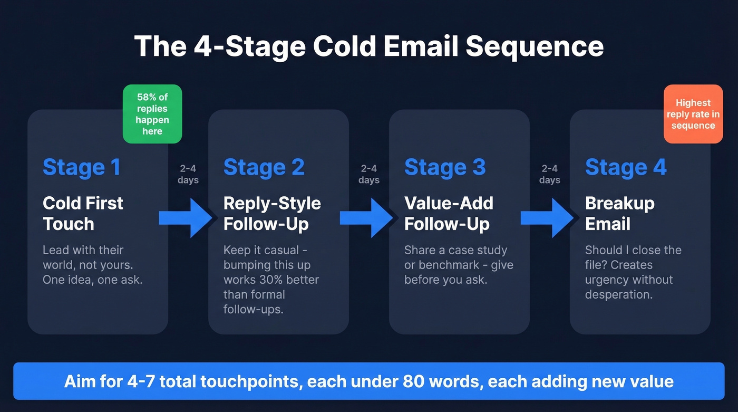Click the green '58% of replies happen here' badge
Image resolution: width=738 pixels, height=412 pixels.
[152, 114]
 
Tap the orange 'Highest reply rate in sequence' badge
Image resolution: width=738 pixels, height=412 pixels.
[693, 114]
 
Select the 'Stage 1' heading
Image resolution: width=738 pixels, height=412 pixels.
[82, 167]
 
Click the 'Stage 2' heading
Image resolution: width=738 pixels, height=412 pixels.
[264, 167]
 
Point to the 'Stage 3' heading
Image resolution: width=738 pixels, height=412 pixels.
[444, 167]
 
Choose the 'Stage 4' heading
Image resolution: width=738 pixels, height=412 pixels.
[626, 167]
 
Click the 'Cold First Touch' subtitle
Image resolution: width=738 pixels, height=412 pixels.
[83, 213]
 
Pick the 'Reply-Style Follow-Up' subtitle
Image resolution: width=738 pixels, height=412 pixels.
[272, 213]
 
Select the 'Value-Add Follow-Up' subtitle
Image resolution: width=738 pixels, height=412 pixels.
[449, 213]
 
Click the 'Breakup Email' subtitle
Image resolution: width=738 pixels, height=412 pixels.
[620, 213]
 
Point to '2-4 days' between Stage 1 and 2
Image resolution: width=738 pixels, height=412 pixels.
[188, 174]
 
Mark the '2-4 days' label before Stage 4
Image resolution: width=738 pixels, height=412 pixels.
[549, 174]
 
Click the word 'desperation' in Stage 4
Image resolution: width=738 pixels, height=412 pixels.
[618, 294]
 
